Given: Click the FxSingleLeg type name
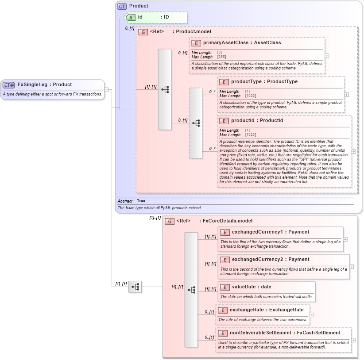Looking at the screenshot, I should point(32,84).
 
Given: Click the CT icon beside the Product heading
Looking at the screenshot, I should point(122,6).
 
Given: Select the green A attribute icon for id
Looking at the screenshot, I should point(131,17).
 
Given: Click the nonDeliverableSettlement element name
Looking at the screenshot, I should point(260,333).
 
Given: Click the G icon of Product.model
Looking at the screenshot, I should point(143,32).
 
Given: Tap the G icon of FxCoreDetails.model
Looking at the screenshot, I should point(170,221).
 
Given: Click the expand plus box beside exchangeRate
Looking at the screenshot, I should point(312,315).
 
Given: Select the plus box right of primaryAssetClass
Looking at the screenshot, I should point(327,56).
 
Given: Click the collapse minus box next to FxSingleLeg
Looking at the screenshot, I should point(107,90).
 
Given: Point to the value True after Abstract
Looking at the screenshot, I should point(141,201).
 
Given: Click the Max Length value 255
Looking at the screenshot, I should point(222,57).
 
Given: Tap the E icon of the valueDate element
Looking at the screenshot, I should point(225,287).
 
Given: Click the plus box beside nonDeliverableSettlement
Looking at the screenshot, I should point(353,340).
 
